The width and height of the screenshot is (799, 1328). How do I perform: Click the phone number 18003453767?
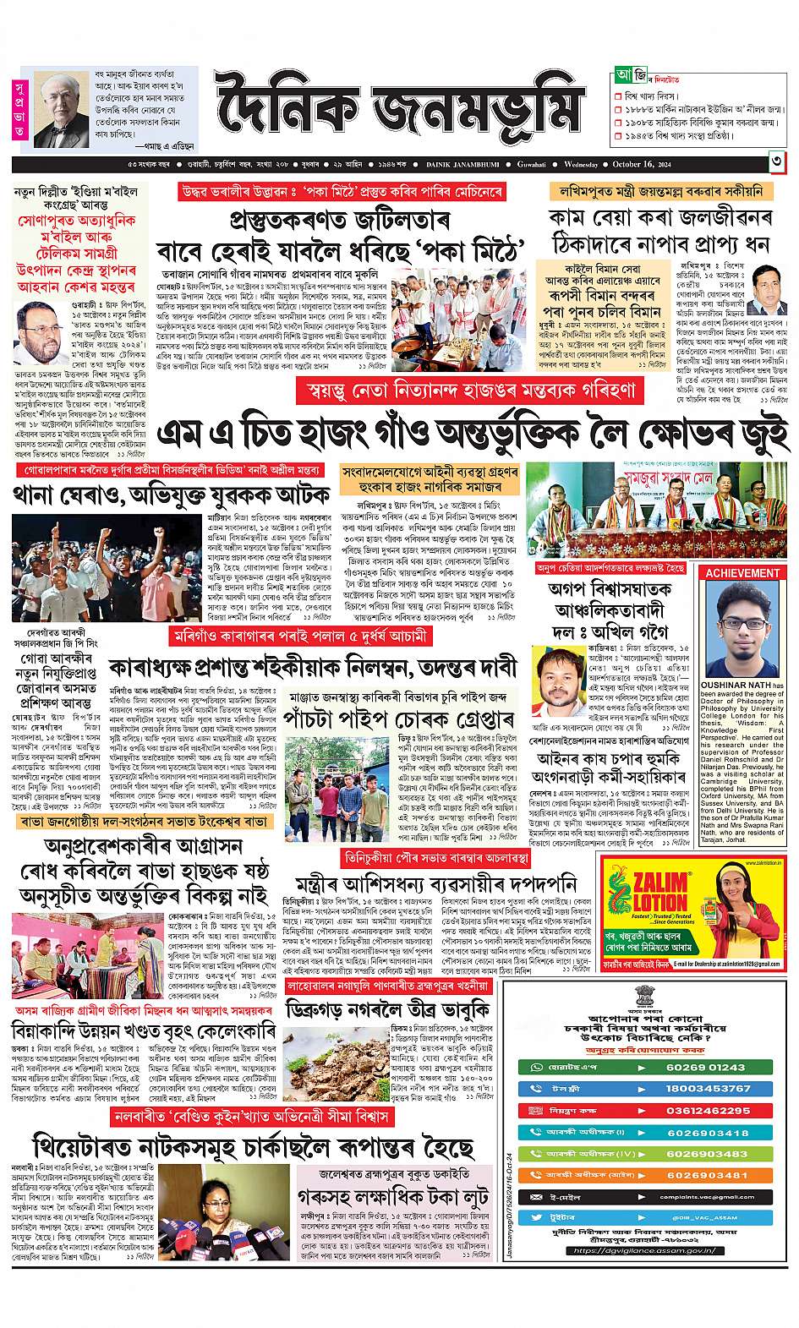pos(708,1088)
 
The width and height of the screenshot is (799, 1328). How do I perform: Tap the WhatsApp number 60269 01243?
pos(708,1067)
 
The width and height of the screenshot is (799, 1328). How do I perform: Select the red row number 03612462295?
pos(708,1110)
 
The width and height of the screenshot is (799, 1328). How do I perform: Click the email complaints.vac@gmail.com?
pos(708,1197)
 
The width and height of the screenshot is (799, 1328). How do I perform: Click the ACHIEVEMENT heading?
pos(742,572)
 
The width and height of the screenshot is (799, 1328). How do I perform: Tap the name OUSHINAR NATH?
pos(734,686)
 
